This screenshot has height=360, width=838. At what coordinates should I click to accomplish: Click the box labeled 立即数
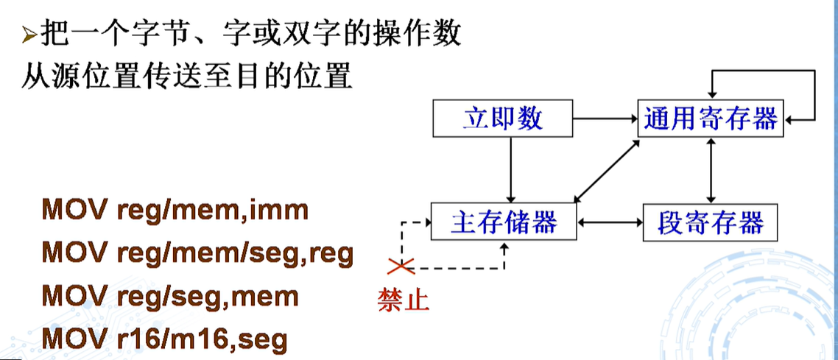pos(503,118)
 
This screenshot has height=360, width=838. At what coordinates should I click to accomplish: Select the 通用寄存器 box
pos(711,118)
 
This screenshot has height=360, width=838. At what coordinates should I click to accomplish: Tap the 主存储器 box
pos(504,221)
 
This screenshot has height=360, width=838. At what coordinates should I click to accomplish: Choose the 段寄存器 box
pos(711,221)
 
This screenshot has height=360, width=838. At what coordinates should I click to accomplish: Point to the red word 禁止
pos(403,300)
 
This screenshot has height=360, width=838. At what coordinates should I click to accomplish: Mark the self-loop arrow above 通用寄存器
pos(766,72)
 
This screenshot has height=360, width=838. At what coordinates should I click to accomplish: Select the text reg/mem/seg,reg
pos(235,254)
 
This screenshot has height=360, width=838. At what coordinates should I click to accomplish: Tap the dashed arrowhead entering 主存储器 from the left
pos(426,221)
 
